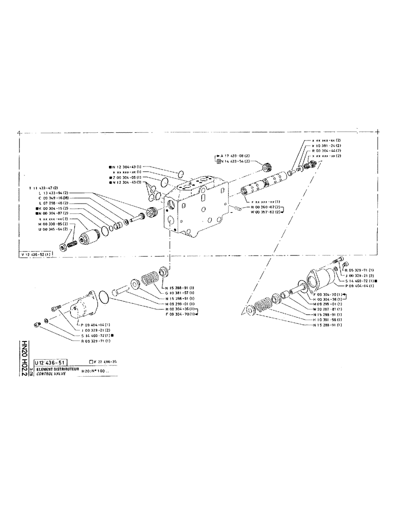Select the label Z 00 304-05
(x=128, y=177)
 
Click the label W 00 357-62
(x=263, y=212)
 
